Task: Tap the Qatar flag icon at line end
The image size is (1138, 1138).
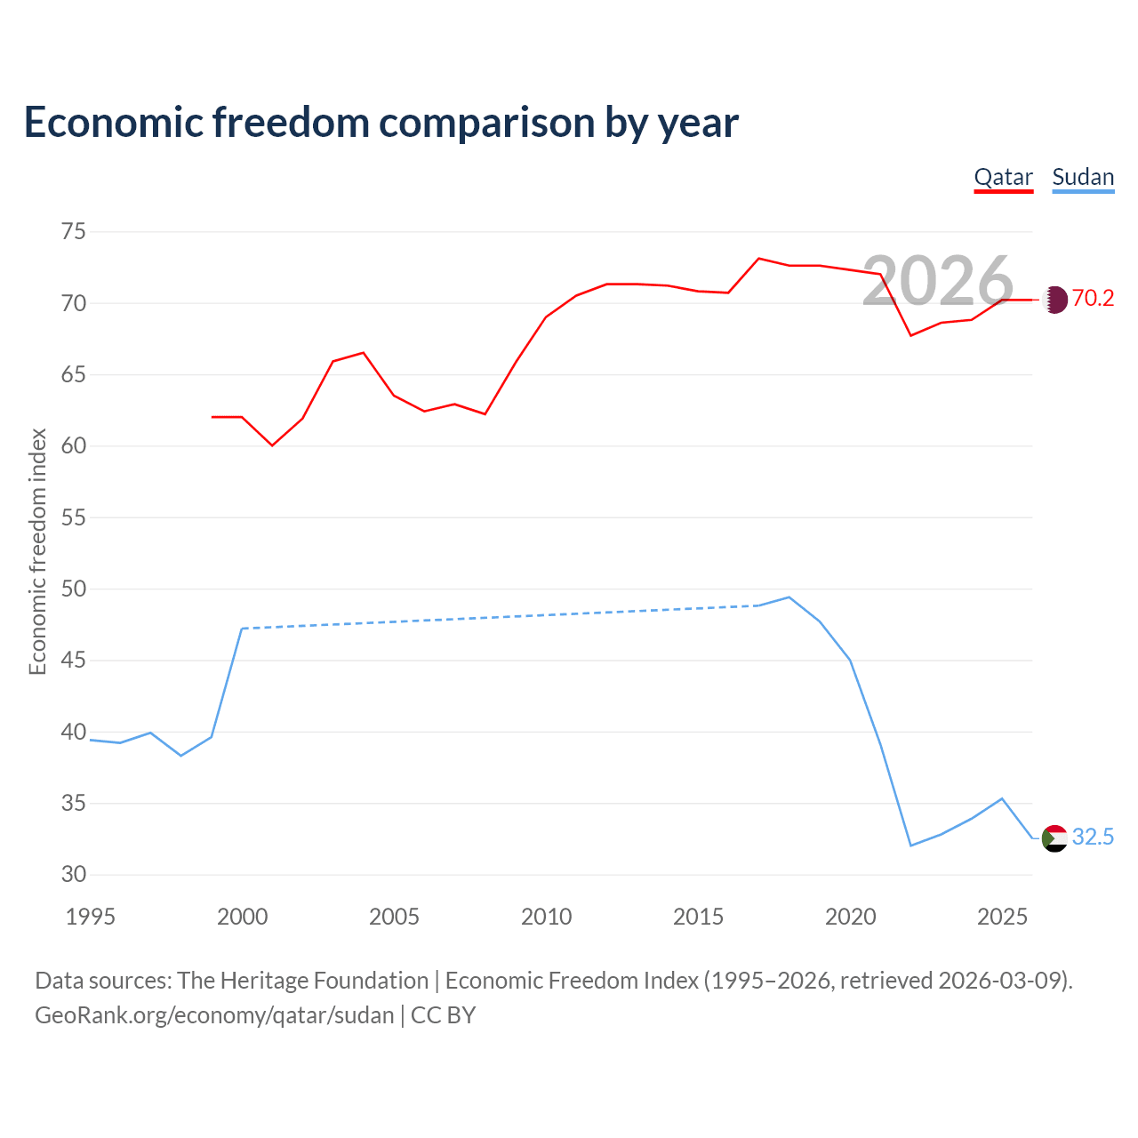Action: click(1055, 300)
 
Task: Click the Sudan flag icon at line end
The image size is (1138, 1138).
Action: click(1054, 838)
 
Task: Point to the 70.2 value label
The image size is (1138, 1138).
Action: click(1093, 298)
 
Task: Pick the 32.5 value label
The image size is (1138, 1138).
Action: click(1093, 837)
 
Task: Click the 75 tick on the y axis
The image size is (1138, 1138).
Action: click(74, 231)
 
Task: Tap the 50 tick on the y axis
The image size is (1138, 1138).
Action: click(74, 589)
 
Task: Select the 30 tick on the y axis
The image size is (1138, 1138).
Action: click(74, 875)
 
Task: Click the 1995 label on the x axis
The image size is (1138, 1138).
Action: click(91, 917)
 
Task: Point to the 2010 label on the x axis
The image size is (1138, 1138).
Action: click(546, 917)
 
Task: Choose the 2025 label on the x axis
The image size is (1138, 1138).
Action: click(1002, 917)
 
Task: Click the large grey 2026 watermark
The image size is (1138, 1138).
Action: click(938, 281)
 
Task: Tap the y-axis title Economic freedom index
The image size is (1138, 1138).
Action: click(38, 551)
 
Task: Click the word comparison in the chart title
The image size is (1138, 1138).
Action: click(486, 123)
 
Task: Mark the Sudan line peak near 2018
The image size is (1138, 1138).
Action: click(789, 597)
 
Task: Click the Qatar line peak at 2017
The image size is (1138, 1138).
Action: click(759, 258)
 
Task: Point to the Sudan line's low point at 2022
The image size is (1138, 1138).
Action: click(910, 845)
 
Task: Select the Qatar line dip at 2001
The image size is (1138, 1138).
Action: click(272, 445)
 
